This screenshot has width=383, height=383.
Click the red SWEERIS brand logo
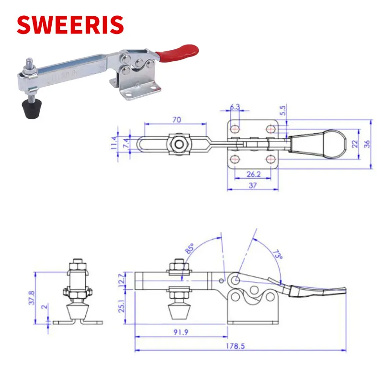click(70, 24)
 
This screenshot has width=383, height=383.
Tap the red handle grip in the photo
click(177, 53)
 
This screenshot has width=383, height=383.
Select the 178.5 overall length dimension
click(235, 346)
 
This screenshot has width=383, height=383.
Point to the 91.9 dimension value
click(181, 332)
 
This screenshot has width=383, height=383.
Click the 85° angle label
click(190, 248)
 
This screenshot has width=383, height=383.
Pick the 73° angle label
click(278, 255)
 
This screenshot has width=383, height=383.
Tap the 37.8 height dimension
click(32, 298)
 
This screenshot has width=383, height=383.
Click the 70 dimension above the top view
click(177, 120)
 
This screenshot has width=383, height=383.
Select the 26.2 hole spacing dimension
click(253, 174)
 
